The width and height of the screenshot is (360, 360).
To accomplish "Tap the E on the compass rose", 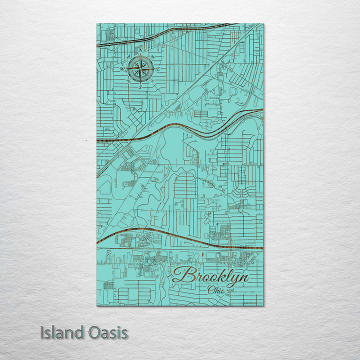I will (158, 68).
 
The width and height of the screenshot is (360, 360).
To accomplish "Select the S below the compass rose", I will (140, 87).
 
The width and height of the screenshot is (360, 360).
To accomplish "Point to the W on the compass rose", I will (122, 68).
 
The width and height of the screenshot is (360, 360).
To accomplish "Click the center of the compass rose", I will (140, 69).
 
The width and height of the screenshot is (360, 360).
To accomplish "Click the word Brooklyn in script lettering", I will (210, 276).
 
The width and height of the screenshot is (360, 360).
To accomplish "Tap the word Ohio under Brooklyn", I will (215, 289).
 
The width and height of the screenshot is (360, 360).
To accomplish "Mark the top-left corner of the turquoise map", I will (96, 24).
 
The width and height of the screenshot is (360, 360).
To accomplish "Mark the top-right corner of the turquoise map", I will (263, 24).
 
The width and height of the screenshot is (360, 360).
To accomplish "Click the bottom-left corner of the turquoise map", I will (96, 305).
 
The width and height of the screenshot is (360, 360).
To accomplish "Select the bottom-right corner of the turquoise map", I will (263, 305).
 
